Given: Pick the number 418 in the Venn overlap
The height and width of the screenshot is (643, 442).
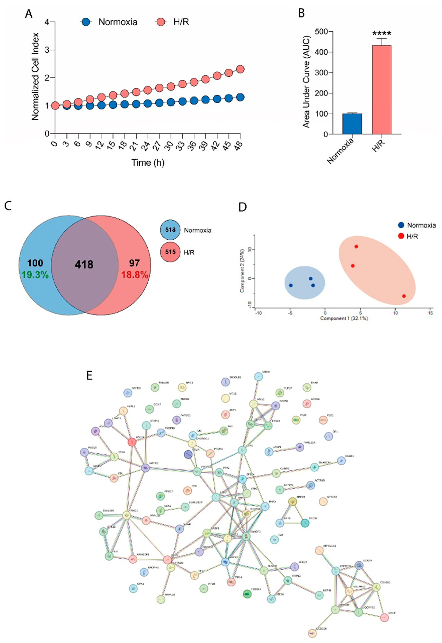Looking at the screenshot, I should pos(84,265).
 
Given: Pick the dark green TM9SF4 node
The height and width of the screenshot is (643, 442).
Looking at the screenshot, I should pos(247,594).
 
